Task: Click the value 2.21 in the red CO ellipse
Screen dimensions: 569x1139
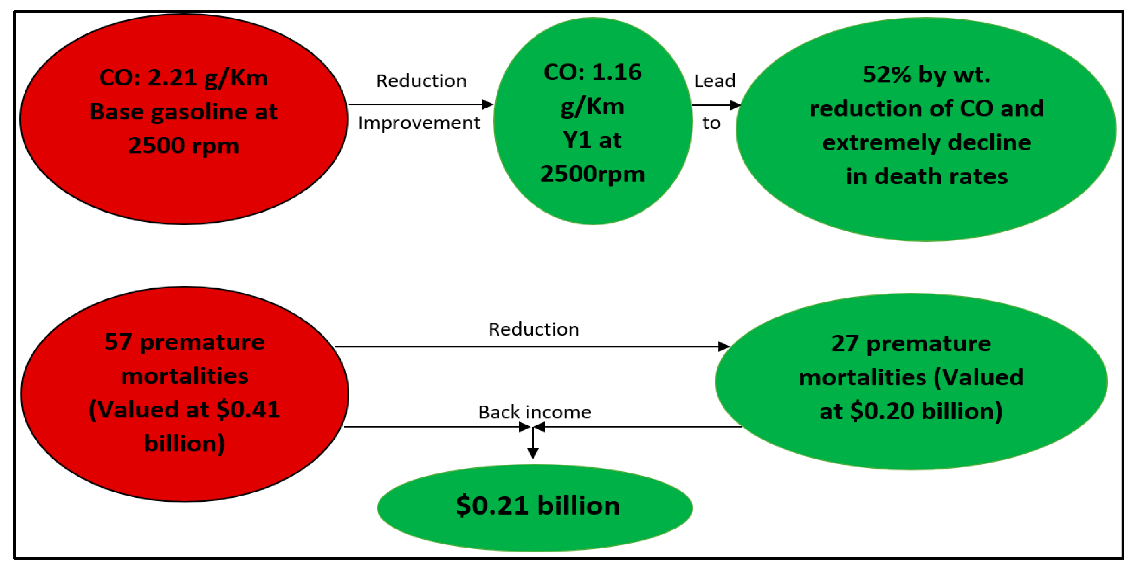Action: [172, 78]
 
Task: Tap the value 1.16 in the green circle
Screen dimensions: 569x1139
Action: [617, 72]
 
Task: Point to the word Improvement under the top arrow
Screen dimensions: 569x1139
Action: [419, 123]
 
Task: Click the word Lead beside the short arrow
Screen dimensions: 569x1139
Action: [715, 81]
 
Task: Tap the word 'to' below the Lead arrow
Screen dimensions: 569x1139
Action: [711, 123]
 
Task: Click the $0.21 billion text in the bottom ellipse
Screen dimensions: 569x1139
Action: [538, 505]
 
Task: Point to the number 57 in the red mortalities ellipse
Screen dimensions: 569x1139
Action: [118, 342]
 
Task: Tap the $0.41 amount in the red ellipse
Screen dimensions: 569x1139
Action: [248, 410]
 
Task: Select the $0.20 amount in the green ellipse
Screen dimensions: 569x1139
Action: [882, 411]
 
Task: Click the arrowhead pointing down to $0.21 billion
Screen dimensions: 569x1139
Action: [533, 453]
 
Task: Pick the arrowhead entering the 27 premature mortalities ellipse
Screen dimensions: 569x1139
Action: [723, 346]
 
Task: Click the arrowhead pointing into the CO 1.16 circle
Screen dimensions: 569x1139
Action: [487, 104]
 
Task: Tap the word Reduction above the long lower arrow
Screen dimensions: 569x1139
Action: [534, 329]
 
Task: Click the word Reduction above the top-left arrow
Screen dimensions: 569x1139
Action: [421, 81]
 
